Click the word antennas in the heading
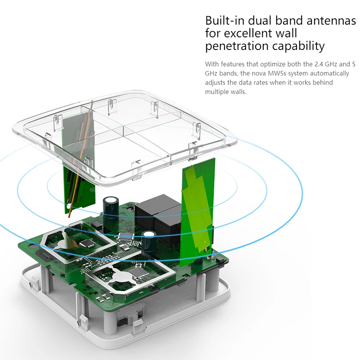[331, 21]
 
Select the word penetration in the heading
[237, 46]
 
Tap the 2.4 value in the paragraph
[319, 64]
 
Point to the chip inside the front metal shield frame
[137, 273]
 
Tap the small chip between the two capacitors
[126, 237]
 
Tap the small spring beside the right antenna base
[213, 255]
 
